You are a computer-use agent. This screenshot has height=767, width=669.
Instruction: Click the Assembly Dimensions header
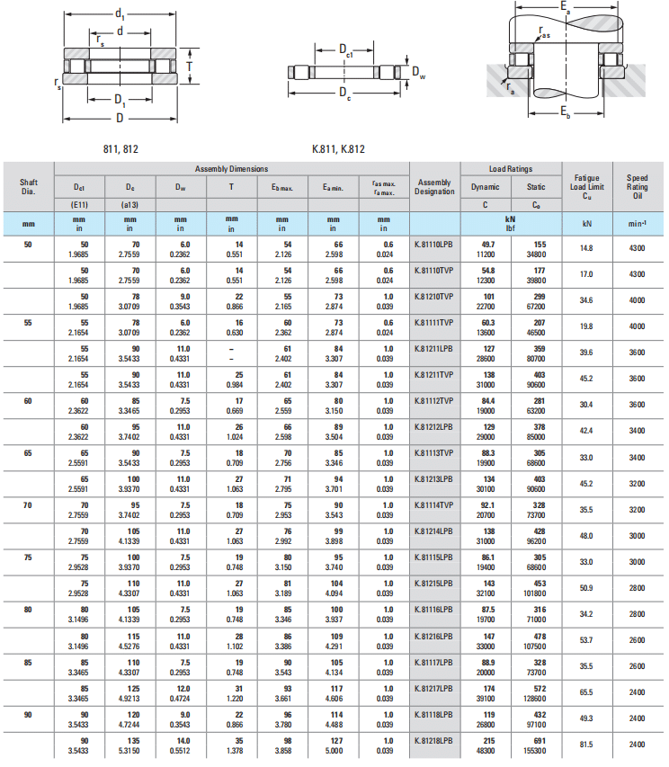click(231, 169)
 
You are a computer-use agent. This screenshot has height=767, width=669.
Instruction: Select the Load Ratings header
click(511, 169)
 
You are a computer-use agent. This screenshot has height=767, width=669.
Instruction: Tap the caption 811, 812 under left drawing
click(121, 147)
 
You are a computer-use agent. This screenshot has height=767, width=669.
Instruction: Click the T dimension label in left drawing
click(190, 67)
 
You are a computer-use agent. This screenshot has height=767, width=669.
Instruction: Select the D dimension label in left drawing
click(120, 117)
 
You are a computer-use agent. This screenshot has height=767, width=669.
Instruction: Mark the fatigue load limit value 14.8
click(586, 247)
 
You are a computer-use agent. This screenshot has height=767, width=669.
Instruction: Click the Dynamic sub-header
click(486, 187)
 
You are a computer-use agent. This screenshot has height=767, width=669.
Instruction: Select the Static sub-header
click(536, 187)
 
